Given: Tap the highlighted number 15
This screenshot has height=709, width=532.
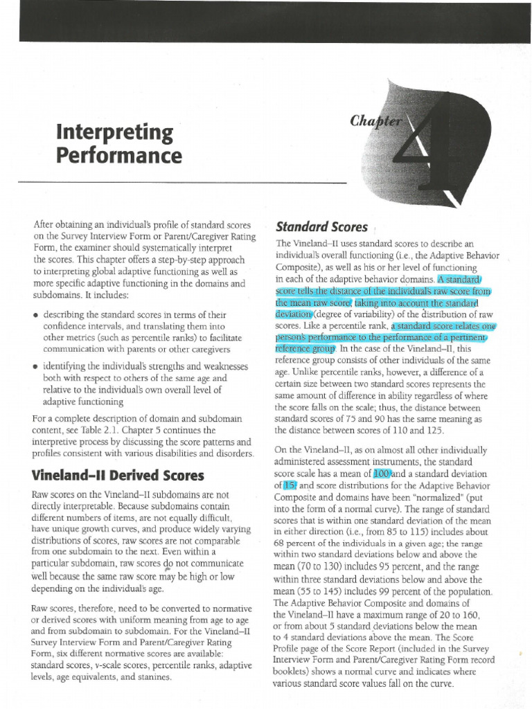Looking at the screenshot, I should point(290,485).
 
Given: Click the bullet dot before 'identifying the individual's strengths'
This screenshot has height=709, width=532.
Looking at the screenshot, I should point(35,366).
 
